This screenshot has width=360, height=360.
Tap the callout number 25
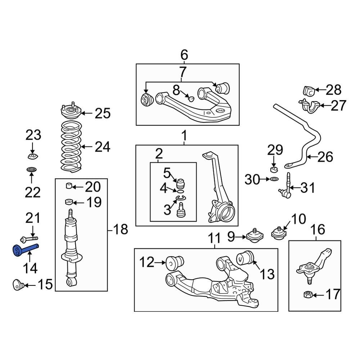pos(103,114)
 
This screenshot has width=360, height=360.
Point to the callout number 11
pos(214,238)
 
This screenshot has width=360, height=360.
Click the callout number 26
pos(325,157)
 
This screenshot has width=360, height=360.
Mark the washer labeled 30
pos(273,179)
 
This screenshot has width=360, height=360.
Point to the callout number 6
pos(184,55)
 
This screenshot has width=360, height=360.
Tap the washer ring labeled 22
pos(32,170)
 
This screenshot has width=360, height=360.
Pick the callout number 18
pos(121,229)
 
